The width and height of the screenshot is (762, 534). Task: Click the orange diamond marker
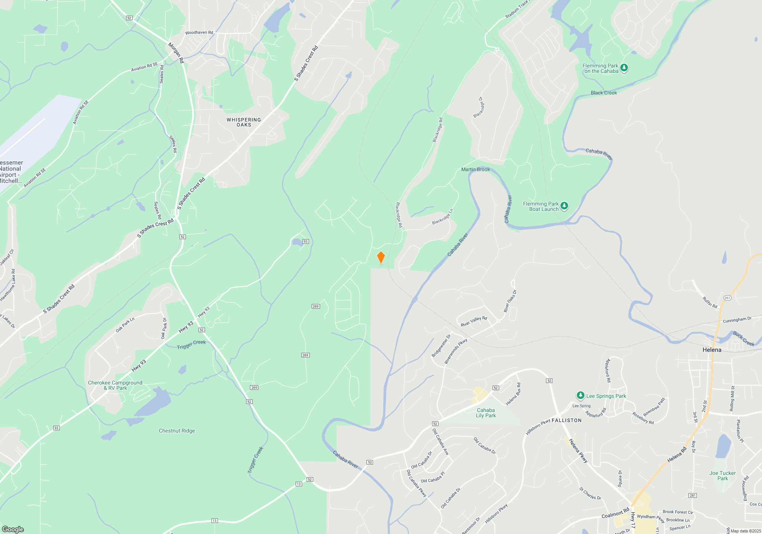click(x=381, y=257)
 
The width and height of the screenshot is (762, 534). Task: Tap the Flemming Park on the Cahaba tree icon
click(x=624, y=68)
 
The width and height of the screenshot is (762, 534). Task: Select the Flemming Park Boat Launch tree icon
click(x=564, y=206)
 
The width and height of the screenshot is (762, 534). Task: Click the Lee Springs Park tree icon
click(x=580, y=396)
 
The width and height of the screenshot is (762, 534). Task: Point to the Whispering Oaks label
click(x=244, y=122)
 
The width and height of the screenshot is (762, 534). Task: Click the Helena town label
click(x=712, y=350)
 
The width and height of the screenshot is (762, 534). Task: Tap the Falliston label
click(x=567, y=420)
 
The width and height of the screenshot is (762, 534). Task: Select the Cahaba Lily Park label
click(x=486, y=413)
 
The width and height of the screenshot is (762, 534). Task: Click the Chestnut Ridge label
click(x=177, y=431)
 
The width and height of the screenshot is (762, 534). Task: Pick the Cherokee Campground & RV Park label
click(x=115, y=385)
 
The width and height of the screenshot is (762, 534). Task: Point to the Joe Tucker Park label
click(x=722, y=476)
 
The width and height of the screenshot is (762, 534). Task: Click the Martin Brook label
click(x=475, y=169)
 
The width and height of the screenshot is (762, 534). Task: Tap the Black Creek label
click(x=604, y=93)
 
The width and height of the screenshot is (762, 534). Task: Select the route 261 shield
click(x=727, y=298)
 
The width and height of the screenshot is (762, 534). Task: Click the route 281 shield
click(x=693, y=495)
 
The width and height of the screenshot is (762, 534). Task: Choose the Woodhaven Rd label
click(x=199, y=32)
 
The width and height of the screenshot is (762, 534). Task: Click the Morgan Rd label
click(x=176, y=53)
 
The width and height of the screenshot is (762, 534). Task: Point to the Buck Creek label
click(x=744, y=338)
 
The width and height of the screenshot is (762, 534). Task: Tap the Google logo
click(x=13, y=529)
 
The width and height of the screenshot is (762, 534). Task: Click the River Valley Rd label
click(x=474, y=321)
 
